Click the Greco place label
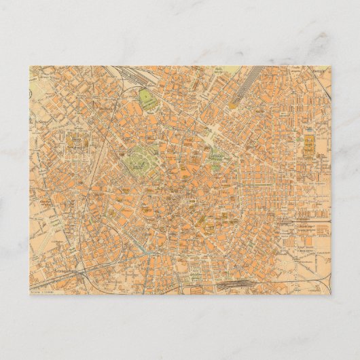[x=319, y=70]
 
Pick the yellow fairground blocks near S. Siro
[x=75, y=143]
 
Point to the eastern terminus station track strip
[x=306, y=220]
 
